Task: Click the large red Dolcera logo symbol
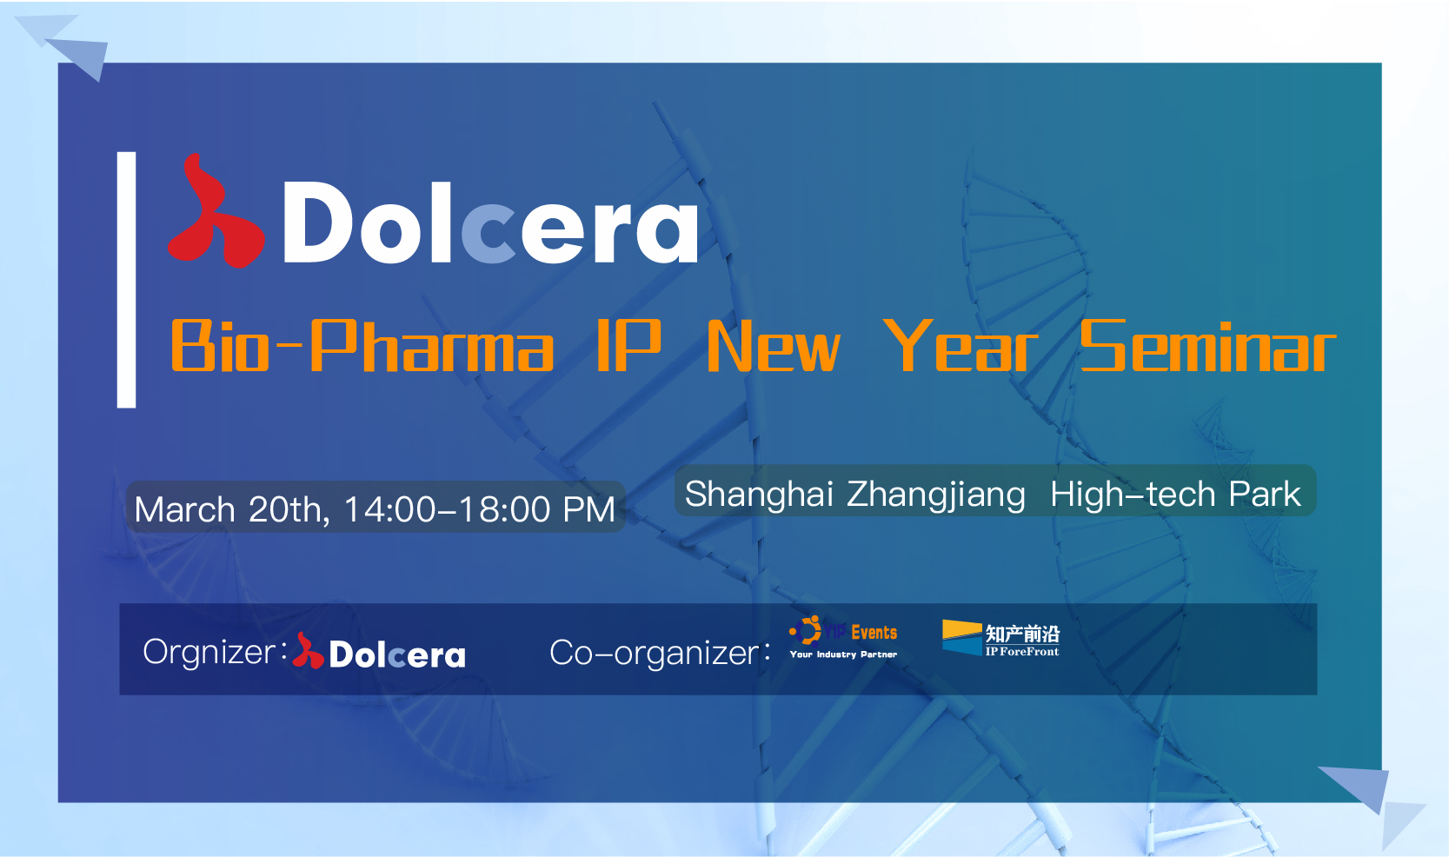(x=216, y=214)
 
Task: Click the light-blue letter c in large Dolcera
(x=489, y=233)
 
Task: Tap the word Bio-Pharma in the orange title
(x=362, y=346)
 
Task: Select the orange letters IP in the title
(x=628, y=346)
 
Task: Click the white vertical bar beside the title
(x=126, y=279)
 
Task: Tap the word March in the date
(x=184, y=509)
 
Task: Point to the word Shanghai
(x=759, y=495)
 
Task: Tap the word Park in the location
(x=1265, y=495)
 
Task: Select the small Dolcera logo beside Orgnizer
(x=379, y=651)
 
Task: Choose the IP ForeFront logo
(x=1000, y=638)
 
